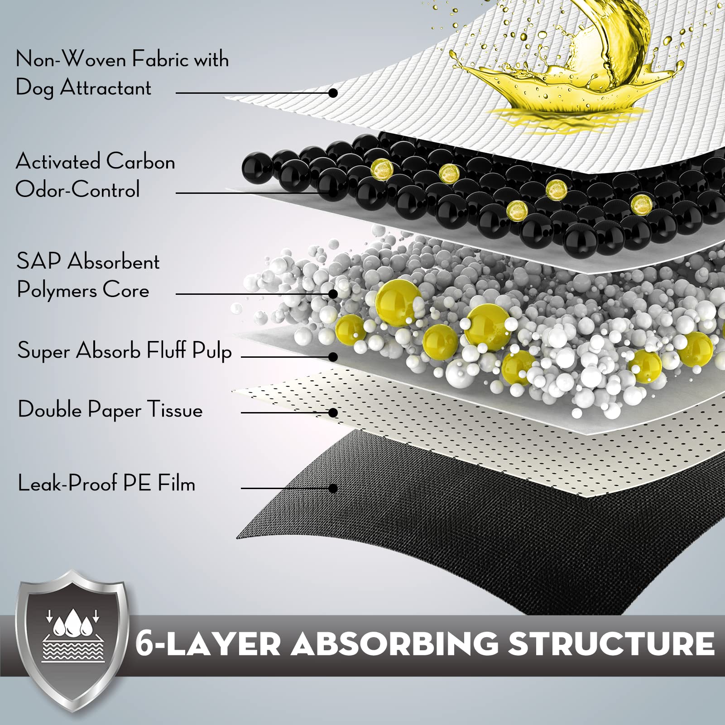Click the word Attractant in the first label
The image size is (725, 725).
pyautogui.click(x=106, y=87)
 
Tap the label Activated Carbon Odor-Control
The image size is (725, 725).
pyautogui.click(x=95, y=175)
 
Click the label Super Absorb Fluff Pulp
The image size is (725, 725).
pyautogui.click(x=125, y=351)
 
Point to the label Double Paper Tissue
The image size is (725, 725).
pyautogui.click(x=110, y=410)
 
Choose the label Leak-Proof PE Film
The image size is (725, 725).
pyautogui.click(x=106, y=483)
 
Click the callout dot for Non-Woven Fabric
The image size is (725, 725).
pyautogui.click(x=333, y=93)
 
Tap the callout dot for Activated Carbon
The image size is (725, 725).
pyautogui.click(x=333, y=193)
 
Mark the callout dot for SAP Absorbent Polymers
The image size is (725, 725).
pyautogui.click(x=333, y=294)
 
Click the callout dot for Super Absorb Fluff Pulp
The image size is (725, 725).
pyautogui.click(x=333, y=357)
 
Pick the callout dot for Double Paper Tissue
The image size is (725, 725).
pyautogui.click(x=333, y=413)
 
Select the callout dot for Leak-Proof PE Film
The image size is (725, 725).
pyautogui.click(x=333, y=488)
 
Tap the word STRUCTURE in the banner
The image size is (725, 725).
pyautogui.click(x=611, y=643)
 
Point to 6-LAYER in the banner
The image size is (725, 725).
pyautogui.click(x=208, y=643)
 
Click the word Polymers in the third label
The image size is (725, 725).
pyautogui.click(x=57, y=290)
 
